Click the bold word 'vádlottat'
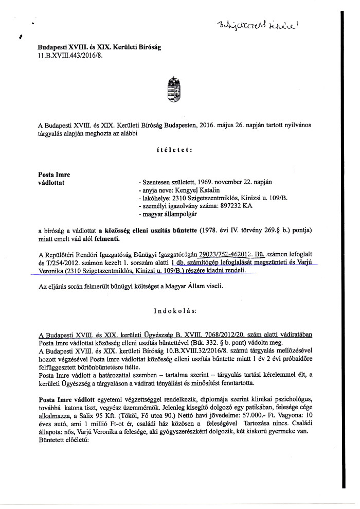[51, 182]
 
